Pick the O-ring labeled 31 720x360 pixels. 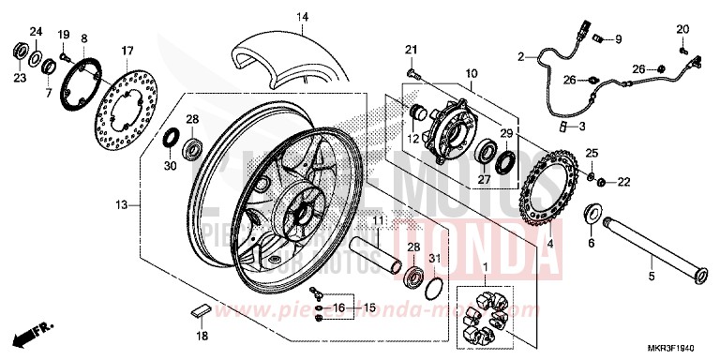click(x=433, y=286)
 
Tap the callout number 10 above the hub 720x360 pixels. click(x=470, y=72)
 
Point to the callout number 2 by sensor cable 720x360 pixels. click(x=520, y=57)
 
